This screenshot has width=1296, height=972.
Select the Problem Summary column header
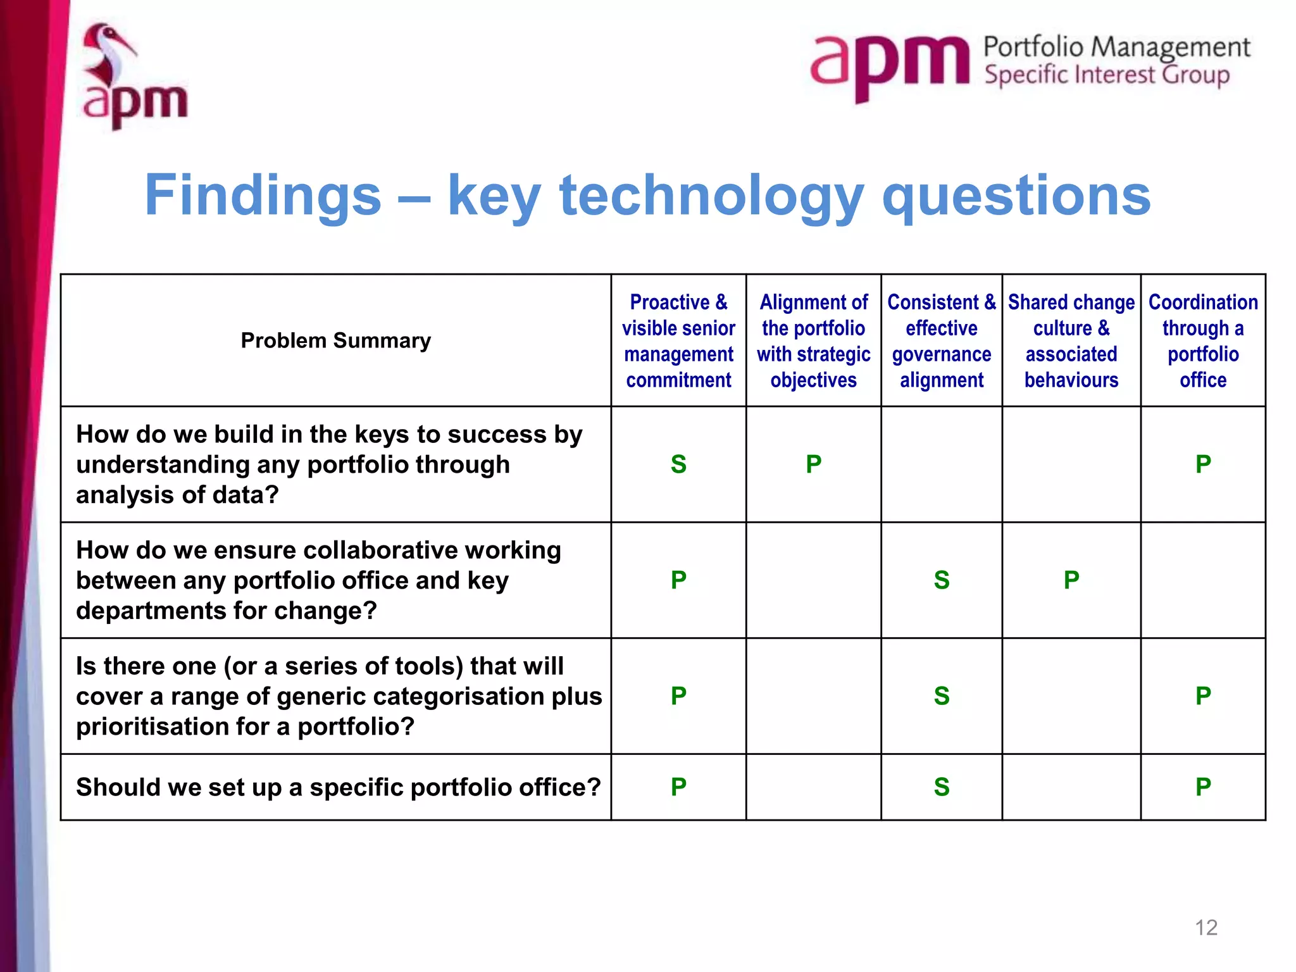[x=335, y=340]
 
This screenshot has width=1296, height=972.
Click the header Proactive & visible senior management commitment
[x=678, y=340]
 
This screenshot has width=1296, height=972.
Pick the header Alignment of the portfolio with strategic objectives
[x=813, y=340]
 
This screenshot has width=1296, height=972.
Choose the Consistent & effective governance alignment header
[x=942, y=340]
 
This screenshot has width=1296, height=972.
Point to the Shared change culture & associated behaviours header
[x=1071, y=340]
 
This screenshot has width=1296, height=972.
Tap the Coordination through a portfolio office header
[x=1203, y=340]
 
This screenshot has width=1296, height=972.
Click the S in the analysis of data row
[x=678, y=464]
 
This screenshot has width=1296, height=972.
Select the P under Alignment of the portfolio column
[x=813, y=464]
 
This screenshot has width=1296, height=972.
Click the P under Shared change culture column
[x=1071, y=580]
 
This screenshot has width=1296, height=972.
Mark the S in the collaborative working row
[x=942, y=580]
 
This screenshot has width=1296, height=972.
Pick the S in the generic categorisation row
[x=942, y=696]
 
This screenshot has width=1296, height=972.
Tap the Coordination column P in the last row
[x=1203, y=787]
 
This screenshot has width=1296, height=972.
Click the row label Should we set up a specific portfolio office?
[x=338, y=787]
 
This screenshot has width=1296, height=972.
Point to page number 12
[x=1206, y=928]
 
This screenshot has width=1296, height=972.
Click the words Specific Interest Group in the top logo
[x=1107, y=75]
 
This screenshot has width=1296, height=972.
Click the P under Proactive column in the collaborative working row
[x=678, y=580]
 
